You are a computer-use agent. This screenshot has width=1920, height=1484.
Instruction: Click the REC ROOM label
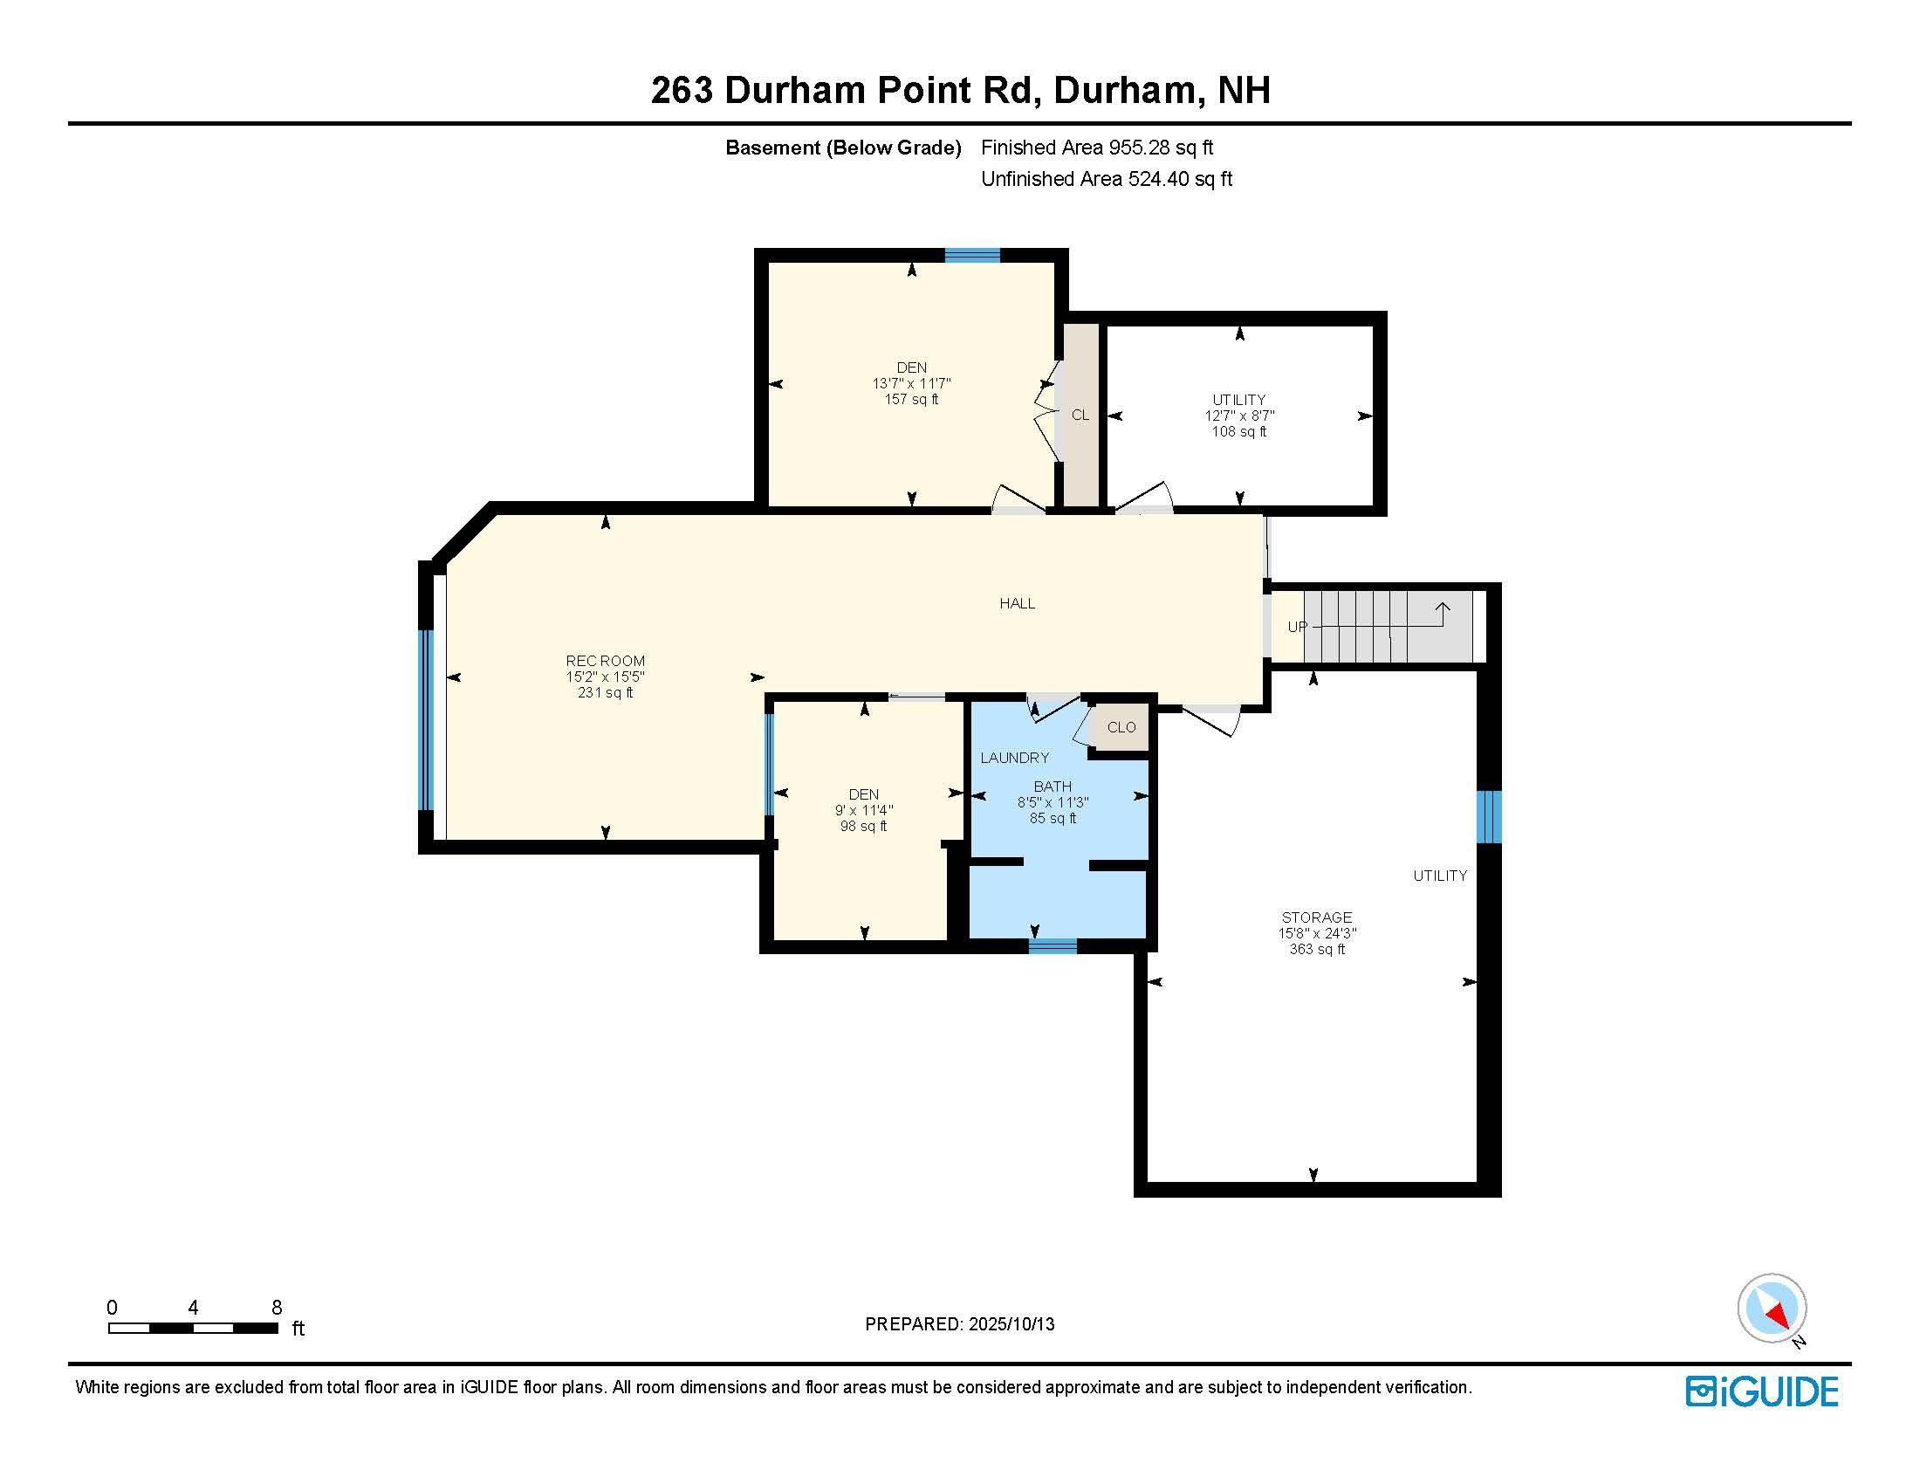tap(605, 661)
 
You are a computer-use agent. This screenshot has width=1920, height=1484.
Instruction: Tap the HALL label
tap(1016, 603)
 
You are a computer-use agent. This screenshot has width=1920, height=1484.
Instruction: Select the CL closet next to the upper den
tap(1080, 415)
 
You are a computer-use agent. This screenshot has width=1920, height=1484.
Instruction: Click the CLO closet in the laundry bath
tap(1121, 727)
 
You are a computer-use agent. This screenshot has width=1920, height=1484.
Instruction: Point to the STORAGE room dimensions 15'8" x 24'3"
tap(1316, 934)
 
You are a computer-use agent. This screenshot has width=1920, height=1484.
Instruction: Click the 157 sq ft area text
tap(911, 399)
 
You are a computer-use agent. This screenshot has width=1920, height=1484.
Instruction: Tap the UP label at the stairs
tap(1297, 627)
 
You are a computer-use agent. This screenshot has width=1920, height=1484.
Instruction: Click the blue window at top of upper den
tap(972, 256)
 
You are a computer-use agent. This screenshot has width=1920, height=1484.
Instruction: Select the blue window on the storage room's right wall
tap(1488, 816)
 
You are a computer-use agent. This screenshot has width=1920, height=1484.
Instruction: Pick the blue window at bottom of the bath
tap(1053, 946)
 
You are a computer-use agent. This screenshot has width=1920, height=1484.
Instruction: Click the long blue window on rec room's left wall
tap(426, 719)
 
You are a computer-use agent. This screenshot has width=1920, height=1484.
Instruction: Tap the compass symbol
tap(1772, 1309)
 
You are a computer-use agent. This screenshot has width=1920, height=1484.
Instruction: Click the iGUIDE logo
tap(1762, 1391)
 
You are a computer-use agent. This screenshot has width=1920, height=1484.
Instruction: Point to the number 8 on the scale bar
tap(276, 1308)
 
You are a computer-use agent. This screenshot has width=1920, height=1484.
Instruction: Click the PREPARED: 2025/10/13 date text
tap(959, 1324)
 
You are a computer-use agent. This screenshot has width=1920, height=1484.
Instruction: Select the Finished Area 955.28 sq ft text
tap(1096, 148)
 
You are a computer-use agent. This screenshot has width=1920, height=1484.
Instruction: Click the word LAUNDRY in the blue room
tap(1014, 758)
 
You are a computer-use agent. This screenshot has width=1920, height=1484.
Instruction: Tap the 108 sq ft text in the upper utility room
tap(1238, 431)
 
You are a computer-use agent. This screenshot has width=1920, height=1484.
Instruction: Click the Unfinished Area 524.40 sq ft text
tap(1106, 179)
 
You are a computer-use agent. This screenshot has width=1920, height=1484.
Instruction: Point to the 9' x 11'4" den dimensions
tap(863, 811)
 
